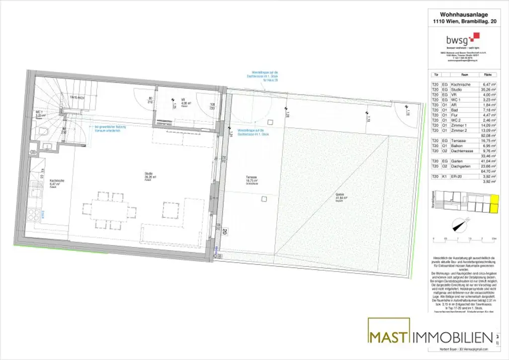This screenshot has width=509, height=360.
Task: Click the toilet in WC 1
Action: click(x=44, y=132)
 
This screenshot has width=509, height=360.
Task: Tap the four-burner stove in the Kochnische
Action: click(x=34, y=215)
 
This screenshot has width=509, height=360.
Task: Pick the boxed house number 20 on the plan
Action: click(x=225, y=232)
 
